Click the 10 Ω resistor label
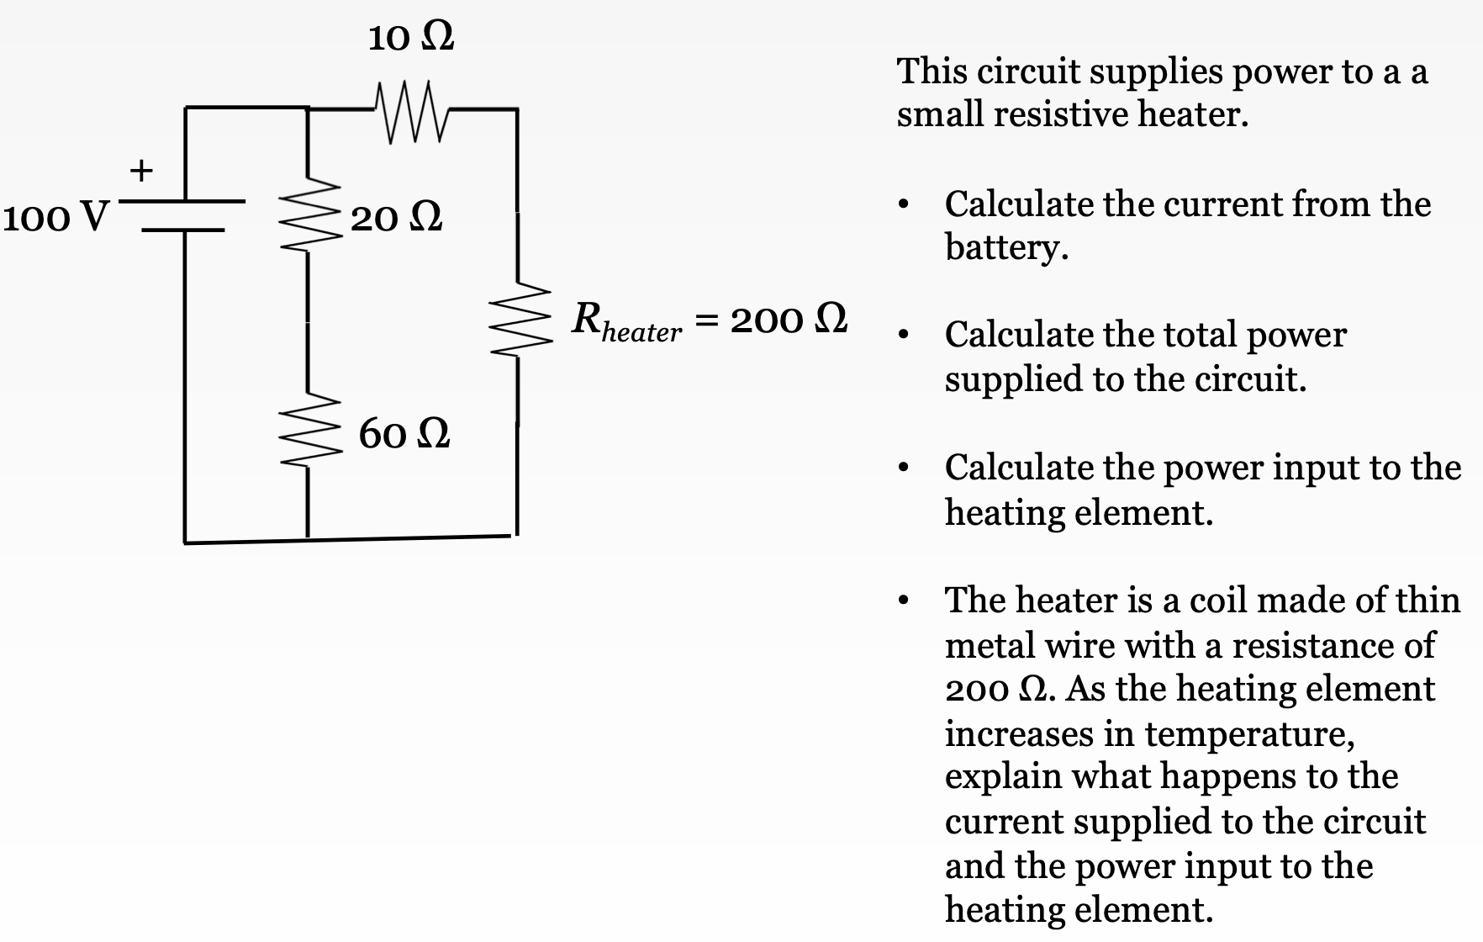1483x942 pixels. pos(411,37)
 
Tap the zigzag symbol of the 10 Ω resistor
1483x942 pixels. pos(411,111)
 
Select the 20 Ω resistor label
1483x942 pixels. pos(396,218)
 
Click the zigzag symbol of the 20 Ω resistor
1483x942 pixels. pos(309,217)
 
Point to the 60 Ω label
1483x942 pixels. pos(404,433)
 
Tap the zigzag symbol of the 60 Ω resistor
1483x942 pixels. pos(309,432)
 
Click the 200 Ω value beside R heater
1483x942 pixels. pos(788,320)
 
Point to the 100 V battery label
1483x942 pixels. pos(55,217)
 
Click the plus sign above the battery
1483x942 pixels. pos(141,171)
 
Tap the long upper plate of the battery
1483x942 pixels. pos(184,202)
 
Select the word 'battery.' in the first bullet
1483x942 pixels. pos(1006,247)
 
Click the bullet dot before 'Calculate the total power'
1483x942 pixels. pos(903,336)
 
